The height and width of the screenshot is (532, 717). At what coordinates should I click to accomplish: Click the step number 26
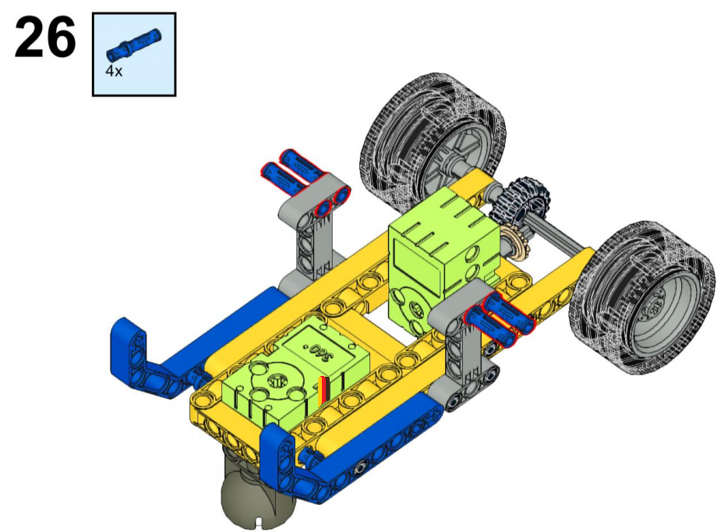pyautogui.click(x=45, y=37)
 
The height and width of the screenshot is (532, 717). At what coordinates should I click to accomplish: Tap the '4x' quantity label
pyautogui.click(x=114, y=71)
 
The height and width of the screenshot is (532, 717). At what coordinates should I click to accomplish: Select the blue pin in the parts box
pyautogui.click(x=134, y=45)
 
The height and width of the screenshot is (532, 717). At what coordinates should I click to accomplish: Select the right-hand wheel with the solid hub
pyautogui.click(x=641, y=297)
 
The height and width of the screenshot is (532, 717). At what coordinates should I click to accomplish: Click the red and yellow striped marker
pyautogui.click(x=323, y=391)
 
